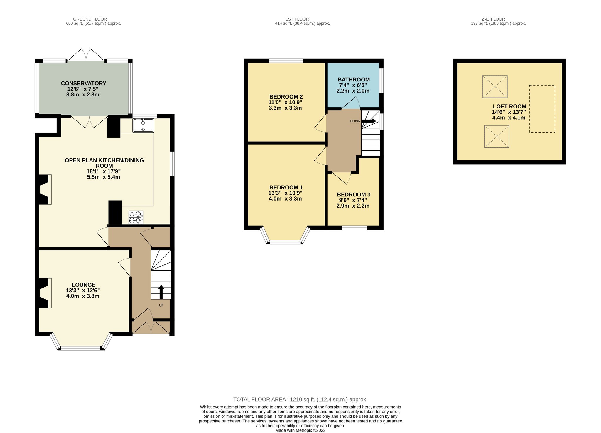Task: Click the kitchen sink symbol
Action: click(143, 125)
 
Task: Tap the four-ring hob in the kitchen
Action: click(136, 217)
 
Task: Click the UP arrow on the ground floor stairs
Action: click(161, 292)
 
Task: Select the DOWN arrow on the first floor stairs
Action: click(369, 121)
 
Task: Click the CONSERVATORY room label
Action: click(84, 83)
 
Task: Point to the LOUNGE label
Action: click(84, 285)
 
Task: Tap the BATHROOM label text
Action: click(354, 79)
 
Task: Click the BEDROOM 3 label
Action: click(354, 194)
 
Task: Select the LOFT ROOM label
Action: click(509, 106)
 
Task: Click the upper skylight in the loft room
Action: click(495, 86)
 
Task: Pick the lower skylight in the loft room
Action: click(497, 136)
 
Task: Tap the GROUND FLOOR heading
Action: click(90, 19)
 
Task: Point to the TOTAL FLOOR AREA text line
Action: click(300, 399)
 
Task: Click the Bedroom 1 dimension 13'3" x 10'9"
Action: click(285, 193)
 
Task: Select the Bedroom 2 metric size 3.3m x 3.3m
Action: click(285, 108)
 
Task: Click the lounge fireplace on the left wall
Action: click(44, 293)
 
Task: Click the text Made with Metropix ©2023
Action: click(300, 430)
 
